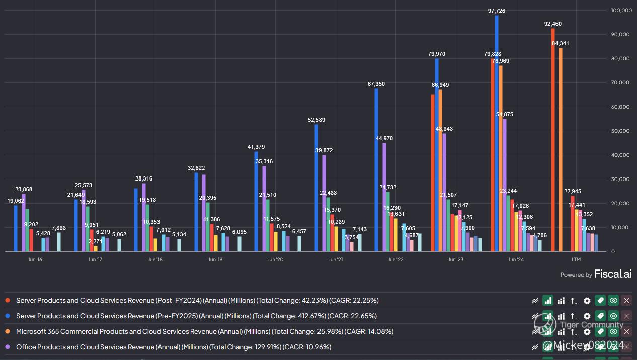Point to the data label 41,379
click(x=256, y=147)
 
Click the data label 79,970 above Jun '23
click(x=437, y=54)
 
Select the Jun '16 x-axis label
click(x=35, y=260)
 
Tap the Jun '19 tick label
click(x=215, y=260)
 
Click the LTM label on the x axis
click(x=576, y=260)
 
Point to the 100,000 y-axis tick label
click(x=621, y=10)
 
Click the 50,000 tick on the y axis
click(x=621, y=131)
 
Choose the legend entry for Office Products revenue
click(x=173, y=347)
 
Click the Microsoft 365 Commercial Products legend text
click(x=204, y=331)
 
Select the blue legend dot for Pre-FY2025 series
click(x=8, y=316)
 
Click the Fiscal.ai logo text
click(x=613, y=274)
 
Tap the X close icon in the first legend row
click(x=626, y=300)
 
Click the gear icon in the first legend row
click(x=587, y=300)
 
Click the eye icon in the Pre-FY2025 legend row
click(x=613, y=316)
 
